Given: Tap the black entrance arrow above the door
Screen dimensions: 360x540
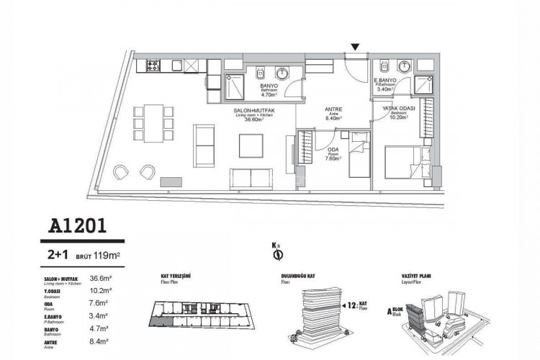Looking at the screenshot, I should [354, 48].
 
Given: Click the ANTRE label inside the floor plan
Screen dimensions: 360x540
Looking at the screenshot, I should [333, 109].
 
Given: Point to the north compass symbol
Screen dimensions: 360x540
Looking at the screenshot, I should [276, 253].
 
